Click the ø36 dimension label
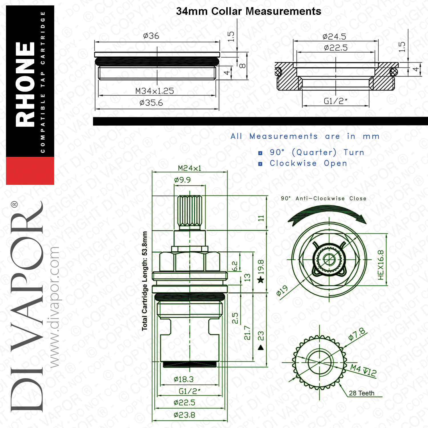pos(151,36)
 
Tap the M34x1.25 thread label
pos(154,91)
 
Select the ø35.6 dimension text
pos(151,103)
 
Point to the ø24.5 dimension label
pos(334,37)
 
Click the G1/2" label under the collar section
pos(336,101)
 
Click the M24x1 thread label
pos(189,168)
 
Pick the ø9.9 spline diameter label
pos(182,180)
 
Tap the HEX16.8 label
pos(381,265)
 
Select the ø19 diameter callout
pos(282,291)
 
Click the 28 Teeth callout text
pos(362,393)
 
